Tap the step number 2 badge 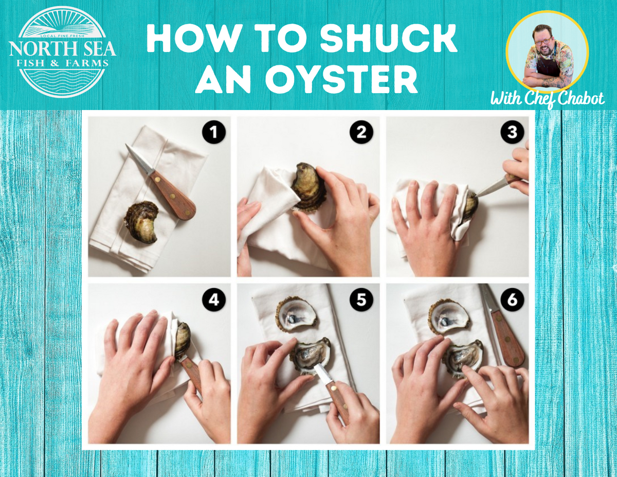[x=361, y=133]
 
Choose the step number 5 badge [x=361, y=301]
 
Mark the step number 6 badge [x=512, y=301]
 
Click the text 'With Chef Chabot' [x=547, y=99]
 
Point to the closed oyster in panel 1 [x=141, y=221]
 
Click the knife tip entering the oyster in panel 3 [x=477, y=196]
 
